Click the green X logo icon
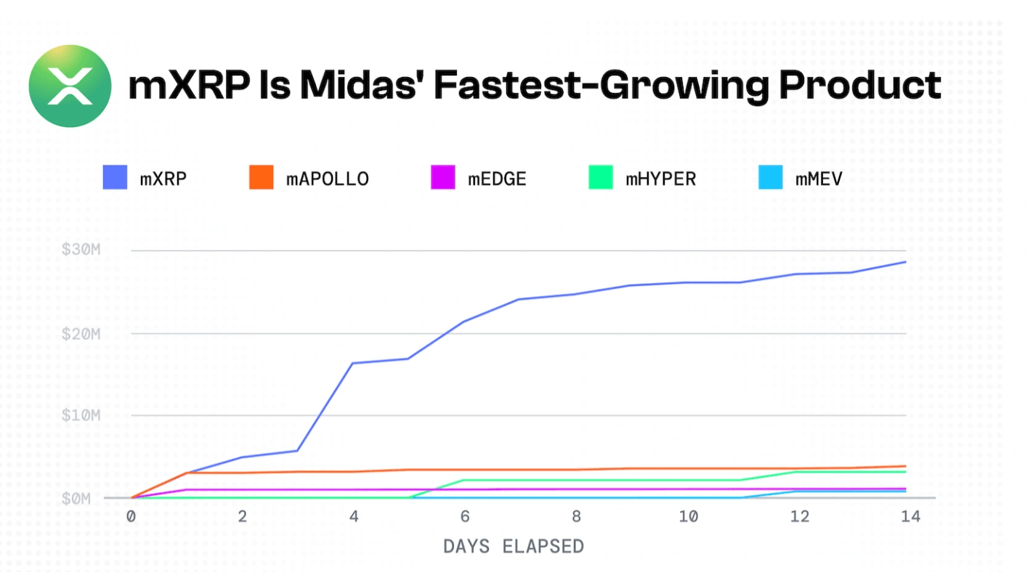pyautogui.click(x=70, y=86)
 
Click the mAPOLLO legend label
pyautogui.click(x=327, y=179)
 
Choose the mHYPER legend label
pyautogui.click(x=660, y=179)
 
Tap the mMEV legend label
pyautogui.click(x=819, y=179)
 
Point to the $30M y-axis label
pyautogui.click(x=81, y=250)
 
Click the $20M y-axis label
pyautogui.click(x=81, y=333)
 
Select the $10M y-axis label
pyautogui.click(x=81, y=416)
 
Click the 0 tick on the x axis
pyautogui.click(x=131, y=517)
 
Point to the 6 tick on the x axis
pyautogui.click(x=465, y=517)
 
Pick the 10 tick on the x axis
pyautogui.click(x=688, y=517)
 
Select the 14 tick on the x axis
pyautogui.click(x=910, y=517)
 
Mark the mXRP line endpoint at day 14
pyautogui.click(x=906, y=261)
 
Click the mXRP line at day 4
pyautogui.click(x=353, y=363)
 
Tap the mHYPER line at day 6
pyautogui.click(x=465, y=481)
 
